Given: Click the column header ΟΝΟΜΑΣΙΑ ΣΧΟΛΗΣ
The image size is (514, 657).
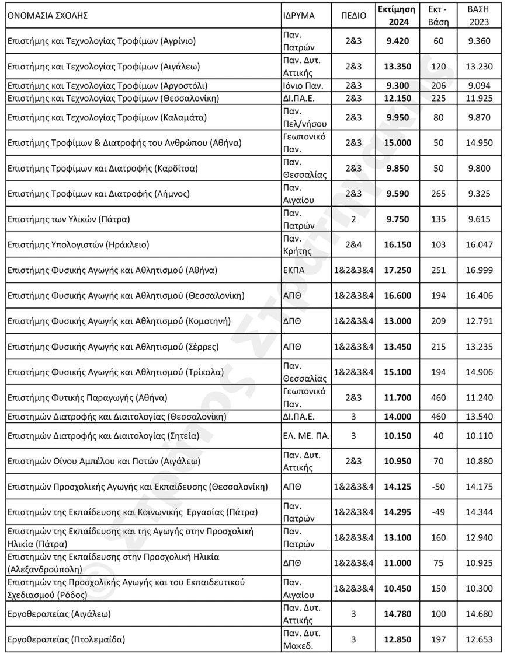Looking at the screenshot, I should (47, 16).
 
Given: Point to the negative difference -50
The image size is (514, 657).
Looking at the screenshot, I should (438, 487).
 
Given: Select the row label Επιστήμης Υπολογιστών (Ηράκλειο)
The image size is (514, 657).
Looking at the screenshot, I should (78, 245).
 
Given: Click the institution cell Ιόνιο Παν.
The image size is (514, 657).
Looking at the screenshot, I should (301, 85).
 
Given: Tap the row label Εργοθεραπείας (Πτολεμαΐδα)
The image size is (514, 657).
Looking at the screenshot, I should (66, 639).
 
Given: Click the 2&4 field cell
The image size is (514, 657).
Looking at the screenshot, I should (353, 245).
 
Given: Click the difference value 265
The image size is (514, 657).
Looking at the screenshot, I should (438, 194).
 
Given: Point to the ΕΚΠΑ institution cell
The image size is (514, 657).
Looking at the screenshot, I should (289, 270).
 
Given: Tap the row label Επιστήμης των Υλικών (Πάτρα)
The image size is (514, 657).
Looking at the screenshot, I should (68, 220).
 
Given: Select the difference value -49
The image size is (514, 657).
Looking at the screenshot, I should (438, 512).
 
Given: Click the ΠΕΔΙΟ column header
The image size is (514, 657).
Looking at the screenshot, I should (353, 16).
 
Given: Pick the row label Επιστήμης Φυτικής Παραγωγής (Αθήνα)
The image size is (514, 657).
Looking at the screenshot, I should (87, 398).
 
